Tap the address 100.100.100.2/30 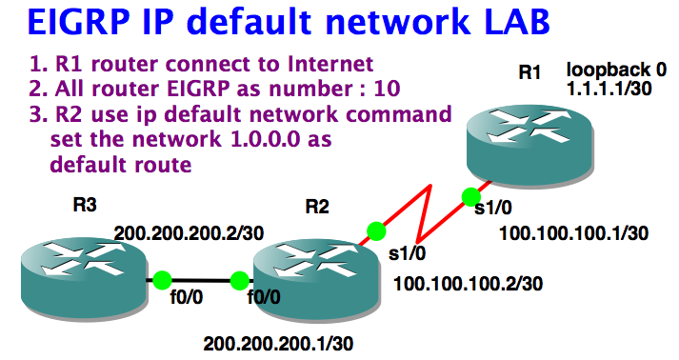point(468,283)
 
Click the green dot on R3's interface point(162,281)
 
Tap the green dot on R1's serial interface point(470,196)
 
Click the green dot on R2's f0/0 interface point(239,281)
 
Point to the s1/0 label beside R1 point(492,210)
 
